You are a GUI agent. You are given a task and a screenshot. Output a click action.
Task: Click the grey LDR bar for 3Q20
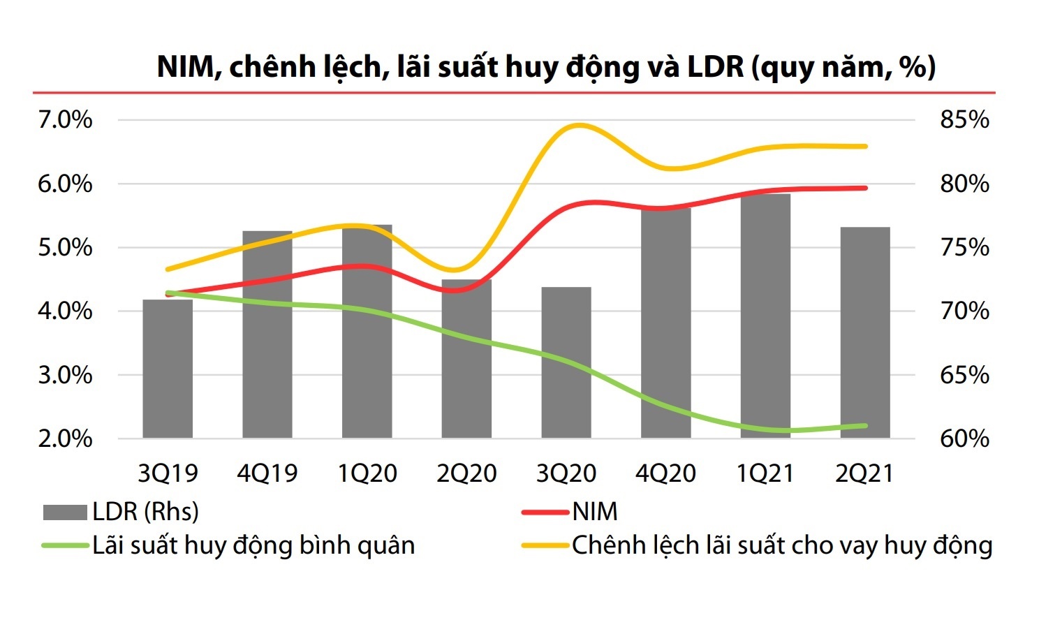[x=566, y=362]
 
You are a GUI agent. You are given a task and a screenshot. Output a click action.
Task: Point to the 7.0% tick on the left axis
[x=65, y=120]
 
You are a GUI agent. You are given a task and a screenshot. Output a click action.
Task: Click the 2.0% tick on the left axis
[x=65, y=438]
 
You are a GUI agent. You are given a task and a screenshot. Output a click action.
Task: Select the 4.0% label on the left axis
[x=65, y=311]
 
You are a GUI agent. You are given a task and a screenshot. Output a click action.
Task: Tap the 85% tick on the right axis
[x=964, y=120]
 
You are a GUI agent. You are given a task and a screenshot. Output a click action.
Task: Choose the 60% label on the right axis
[x=964, y=438]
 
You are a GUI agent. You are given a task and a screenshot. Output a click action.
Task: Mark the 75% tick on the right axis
[x=964, y=248]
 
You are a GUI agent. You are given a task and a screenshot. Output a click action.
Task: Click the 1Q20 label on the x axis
[x=367, y=473]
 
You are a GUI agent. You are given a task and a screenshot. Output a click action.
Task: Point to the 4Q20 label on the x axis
[x=665, y=473]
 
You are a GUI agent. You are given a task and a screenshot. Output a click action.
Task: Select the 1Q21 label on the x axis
[x=765, y=473]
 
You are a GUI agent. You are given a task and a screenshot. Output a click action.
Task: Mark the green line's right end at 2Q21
[x=865, y=426]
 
